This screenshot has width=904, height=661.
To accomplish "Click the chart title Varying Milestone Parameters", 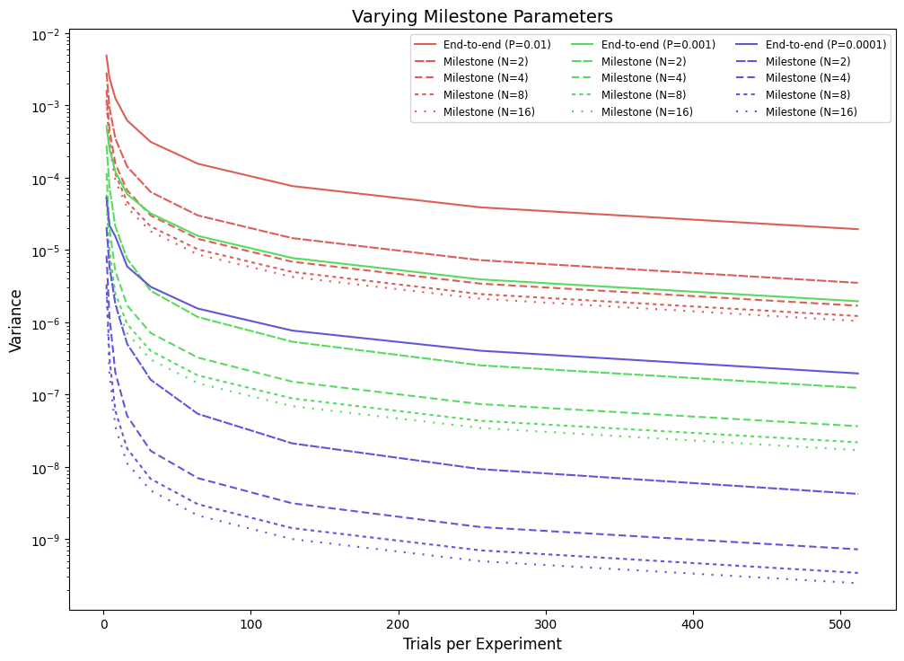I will [482, 16].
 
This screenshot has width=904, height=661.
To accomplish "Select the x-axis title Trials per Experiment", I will [482, 644].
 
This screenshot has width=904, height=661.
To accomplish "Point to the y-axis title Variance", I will [16, 324].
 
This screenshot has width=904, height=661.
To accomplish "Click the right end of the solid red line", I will [858, 229].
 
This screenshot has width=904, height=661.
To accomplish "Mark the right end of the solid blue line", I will [858, 374].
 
